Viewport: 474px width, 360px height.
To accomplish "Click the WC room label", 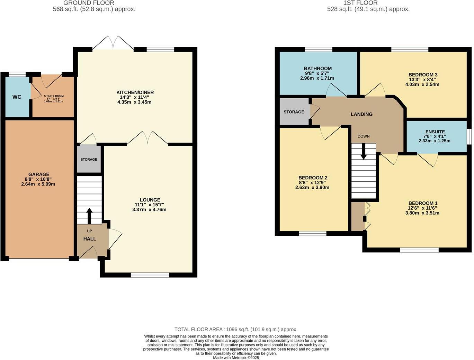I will pyautogui.click(x=17, y=97).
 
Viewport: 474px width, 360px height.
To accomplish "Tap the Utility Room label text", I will pyautogui.click(x=54, y=96).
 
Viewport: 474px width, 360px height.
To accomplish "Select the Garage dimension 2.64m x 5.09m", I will pyautogui.click(x=38, y=184).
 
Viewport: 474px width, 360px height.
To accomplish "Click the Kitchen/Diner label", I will pyautogui.click(x=135, y=92).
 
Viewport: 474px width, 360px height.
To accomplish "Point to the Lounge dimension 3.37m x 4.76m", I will pyautogui.click(x=149, y=209).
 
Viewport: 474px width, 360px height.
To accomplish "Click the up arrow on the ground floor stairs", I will pyautogui.click(x=89, y=216).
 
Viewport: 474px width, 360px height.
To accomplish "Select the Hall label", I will pyautogui.click(x=90, y=239).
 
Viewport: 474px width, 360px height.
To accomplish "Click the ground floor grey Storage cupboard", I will pyautogui.click(x=89, y=159).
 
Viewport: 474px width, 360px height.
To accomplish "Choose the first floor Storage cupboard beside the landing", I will pyautogui.click(x=294, y=112).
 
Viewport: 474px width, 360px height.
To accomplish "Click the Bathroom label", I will pyautogui.click(x=318, y=69).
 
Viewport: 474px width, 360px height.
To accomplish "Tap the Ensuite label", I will pyautogui.click(x=435, y=132).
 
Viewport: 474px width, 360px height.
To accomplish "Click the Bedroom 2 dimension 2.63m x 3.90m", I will pyautogui.click(x=312, y=188).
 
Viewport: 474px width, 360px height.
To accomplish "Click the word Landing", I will pyautogui.click(x=361, y=114).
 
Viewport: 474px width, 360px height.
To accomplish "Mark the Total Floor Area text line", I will pyautogui.click(x=236, y=330).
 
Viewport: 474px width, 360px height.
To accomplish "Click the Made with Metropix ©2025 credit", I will pyautogui.click(x=236, y=358).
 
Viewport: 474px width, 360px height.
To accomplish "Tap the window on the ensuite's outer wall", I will pyautogui.click(x=469, y=136).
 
